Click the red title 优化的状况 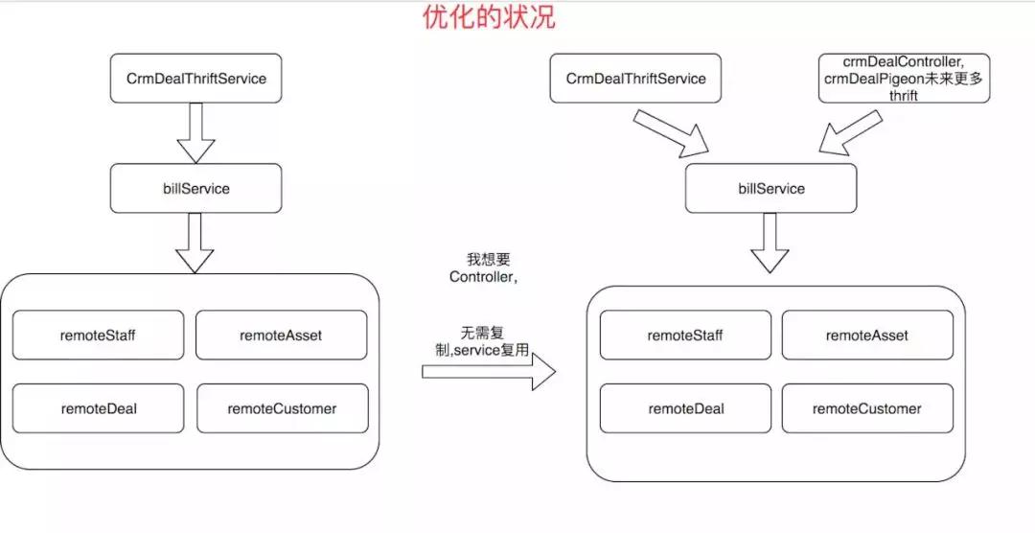[489, 17]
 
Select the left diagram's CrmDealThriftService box [195, 79]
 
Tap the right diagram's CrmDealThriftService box [635, 79]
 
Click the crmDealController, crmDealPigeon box [904, 79]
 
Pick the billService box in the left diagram [195, 189]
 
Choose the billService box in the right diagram [771, 189]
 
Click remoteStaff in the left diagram [98, 335]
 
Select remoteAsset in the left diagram [281, 335]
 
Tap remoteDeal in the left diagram [98, 408]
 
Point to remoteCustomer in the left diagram [282, 408]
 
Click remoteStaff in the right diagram [684, 335]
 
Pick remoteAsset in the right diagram [866, 335]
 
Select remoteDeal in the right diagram [684, 408]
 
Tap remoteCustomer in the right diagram [866, 408]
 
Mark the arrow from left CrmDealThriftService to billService [195, 132]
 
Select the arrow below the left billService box [195, 243]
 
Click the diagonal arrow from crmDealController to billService [849, 132]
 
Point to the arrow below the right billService [770, 243]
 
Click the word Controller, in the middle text [484, 277]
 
